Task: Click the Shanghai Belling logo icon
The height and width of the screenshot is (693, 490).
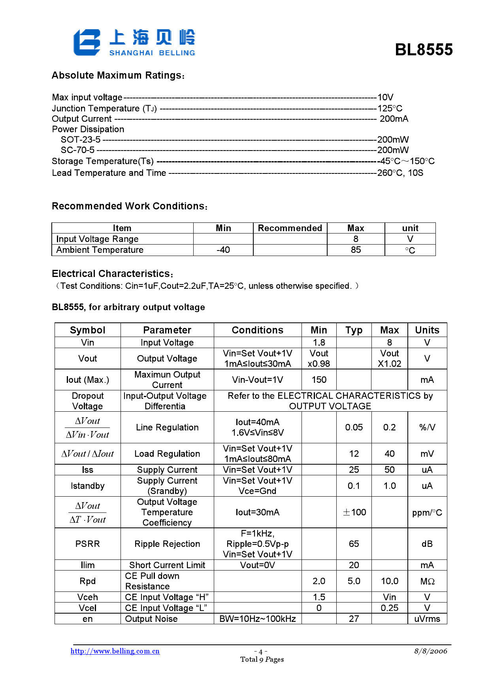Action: [87, 42]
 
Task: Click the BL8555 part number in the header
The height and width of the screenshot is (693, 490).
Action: [424, 50]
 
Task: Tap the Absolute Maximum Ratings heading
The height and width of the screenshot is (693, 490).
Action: [118, 75]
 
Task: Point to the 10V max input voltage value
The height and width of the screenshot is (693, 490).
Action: [385, 98]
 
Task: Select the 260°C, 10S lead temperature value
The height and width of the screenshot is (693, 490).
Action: [400, 173]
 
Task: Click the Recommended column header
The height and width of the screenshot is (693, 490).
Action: [290, 228]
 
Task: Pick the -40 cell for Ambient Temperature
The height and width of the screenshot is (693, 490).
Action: [223, 250]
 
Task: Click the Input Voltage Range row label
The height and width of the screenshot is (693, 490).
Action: [97, 239]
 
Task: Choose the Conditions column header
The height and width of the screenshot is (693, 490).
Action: [257, 330]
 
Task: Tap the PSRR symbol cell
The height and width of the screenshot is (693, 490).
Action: [87, 544]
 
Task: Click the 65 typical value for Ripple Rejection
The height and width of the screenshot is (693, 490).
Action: [354, 544]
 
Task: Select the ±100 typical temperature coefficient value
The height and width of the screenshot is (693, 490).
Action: [354, 512]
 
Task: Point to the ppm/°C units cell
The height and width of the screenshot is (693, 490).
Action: [427, 513]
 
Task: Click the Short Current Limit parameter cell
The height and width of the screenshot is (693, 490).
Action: [167, 565]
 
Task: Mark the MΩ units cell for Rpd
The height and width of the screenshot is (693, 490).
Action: [427, 582]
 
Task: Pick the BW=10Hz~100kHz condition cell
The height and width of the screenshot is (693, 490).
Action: [257, 619]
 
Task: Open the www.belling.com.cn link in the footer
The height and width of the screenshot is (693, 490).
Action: [115, 651]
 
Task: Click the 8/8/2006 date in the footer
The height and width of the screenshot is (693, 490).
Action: [430, 651]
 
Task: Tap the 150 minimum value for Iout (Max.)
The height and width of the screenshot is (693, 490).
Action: [319, 380]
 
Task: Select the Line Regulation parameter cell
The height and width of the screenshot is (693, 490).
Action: [167, 427]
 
